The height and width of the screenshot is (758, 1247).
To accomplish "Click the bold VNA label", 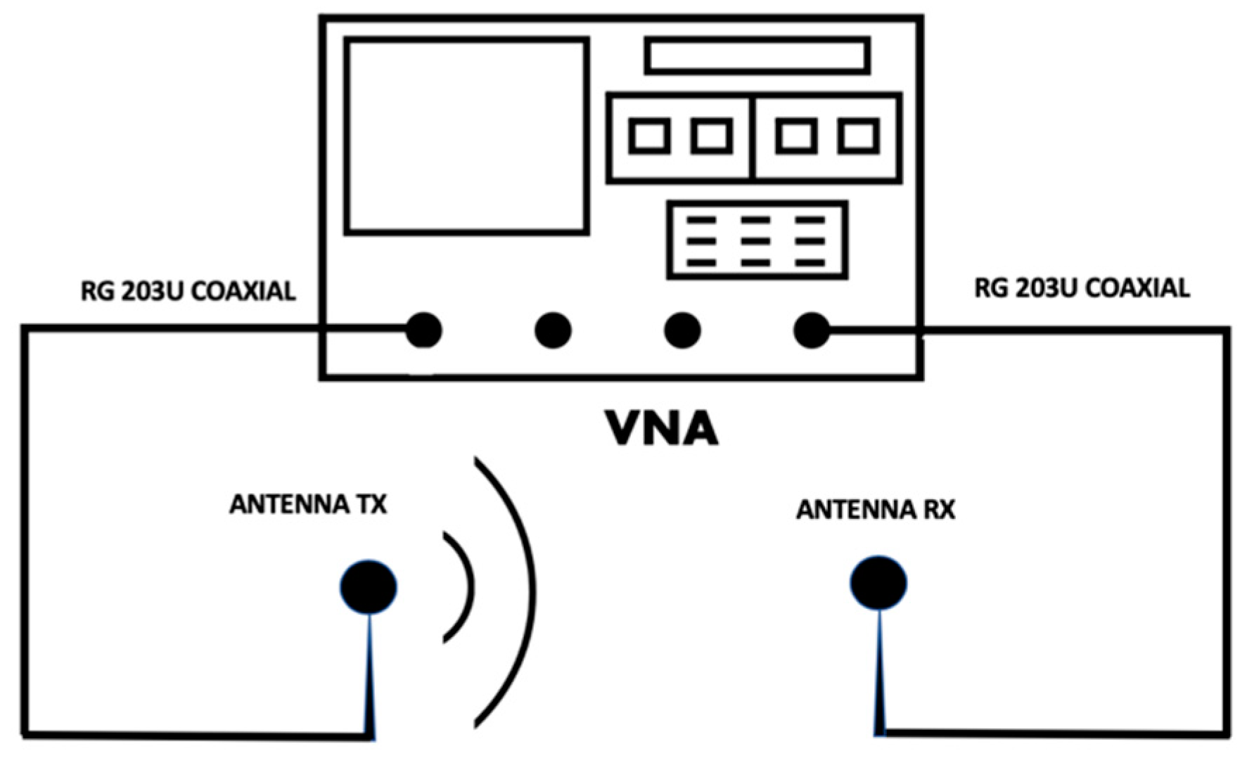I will click(662, 428).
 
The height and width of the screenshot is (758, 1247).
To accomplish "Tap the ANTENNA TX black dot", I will click(369, 586).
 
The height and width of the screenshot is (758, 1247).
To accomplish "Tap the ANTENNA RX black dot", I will click(878, 583).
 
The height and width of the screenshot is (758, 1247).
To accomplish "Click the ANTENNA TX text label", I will click(308, 504).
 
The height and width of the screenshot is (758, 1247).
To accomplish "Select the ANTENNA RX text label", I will click(875, 509).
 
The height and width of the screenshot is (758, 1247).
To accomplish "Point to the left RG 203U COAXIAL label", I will click(188, 291).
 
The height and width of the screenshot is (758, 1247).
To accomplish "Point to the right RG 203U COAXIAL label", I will click(1082, 288).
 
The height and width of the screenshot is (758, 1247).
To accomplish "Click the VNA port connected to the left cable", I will click(423, 330).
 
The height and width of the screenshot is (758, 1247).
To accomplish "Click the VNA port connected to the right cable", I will click(812, 330).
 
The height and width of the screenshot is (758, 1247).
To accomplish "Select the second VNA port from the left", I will click(553, 330).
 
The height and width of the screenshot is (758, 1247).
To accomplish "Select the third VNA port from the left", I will click(682, 330).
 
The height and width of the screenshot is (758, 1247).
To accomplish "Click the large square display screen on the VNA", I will click(466, 136).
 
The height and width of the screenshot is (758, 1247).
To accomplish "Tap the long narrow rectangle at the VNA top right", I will click(757, 56).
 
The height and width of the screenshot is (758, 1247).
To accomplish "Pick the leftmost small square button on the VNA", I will click(649, 136).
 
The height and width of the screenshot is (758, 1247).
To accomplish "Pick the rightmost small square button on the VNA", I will click(859, 136).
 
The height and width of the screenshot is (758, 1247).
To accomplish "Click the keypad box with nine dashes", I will click(757, 240).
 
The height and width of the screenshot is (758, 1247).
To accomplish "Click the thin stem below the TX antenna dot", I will click(370, 675).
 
